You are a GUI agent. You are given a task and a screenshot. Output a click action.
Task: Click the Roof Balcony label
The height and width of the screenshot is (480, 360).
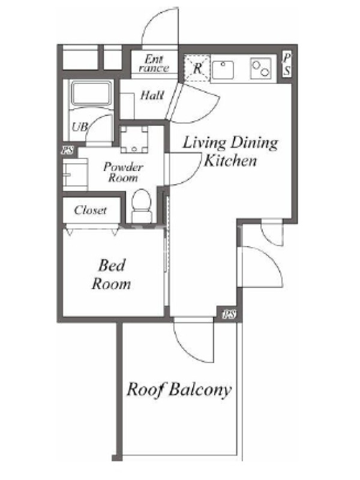click(179, 390)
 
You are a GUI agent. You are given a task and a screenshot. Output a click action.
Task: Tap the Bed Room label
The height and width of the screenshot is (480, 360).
click(112, 275)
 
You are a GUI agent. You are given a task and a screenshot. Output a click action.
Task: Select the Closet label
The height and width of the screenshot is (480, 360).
click(91, 210)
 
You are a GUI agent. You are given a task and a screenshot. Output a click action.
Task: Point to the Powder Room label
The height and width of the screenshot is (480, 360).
click(123, 172)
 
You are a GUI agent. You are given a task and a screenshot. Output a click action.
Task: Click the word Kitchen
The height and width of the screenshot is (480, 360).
click(230, 160)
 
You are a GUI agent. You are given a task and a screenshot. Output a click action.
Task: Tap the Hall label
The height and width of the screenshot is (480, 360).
click(152, 95)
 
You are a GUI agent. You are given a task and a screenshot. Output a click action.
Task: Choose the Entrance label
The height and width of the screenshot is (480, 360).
click(154, 64)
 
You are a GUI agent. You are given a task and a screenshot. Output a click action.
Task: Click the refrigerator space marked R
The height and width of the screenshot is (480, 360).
click(197, 68)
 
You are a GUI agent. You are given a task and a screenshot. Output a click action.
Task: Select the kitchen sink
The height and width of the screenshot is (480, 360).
click(223, 69)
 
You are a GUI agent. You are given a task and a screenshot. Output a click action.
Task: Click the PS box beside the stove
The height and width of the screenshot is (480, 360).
click(287, 64)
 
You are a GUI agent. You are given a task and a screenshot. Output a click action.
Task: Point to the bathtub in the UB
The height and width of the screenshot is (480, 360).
click(91, 93)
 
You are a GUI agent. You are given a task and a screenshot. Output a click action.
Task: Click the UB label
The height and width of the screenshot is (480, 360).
click(80, 127)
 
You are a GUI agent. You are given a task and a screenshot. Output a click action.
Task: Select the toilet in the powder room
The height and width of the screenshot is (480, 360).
click(142, 206)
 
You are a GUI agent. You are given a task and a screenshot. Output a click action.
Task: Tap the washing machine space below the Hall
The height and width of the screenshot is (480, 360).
click(134, 140)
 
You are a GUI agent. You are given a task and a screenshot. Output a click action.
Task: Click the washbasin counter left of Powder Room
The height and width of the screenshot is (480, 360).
click(76, 175)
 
